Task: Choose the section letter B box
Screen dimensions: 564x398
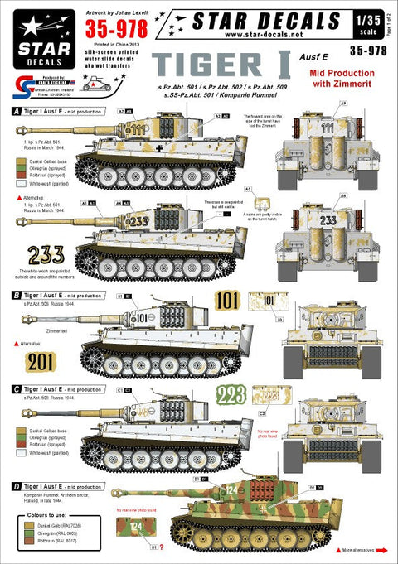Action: click(7, 293)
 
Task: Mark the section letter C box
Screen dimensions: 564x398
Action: click(7, 388)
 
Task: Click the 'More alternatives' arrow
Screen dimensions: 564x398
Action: click(349, 549)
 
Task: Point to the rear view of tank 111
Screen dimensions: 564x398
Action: click(317, 145)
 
